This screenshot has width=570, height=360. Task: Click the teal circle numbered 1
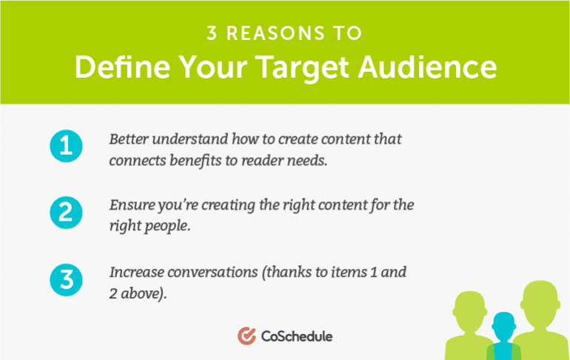coord(66,146)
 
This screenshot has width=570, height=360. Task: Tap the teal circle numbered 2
coord(66,213)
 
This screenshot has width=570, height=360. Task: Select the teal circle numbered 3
coord(66,280)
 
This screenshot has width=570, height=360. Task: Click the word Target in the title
coord(302,68)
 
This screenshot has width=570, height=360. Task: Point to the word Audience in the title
coord(427,67)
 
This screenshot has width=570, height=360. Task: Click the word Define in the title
coord(122,67)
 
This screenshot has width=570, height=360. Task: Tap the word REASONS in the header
coord(275,33)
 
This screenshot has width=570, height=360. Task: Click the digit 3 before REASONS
coord(212,33)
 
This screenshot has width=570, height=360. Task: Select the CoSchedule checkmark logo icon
coord(247,336)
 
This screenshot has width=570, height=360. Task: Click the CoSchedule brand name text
coord(297,336)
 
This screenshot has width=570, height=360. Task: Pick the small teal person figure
coord(504,336)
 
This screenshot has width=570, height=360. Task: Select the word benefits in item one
coord(195,161)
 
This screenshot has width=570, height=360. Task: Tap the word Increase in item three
coord(137,272)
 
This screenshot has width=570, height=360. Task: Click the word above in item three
coord(144,293)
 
